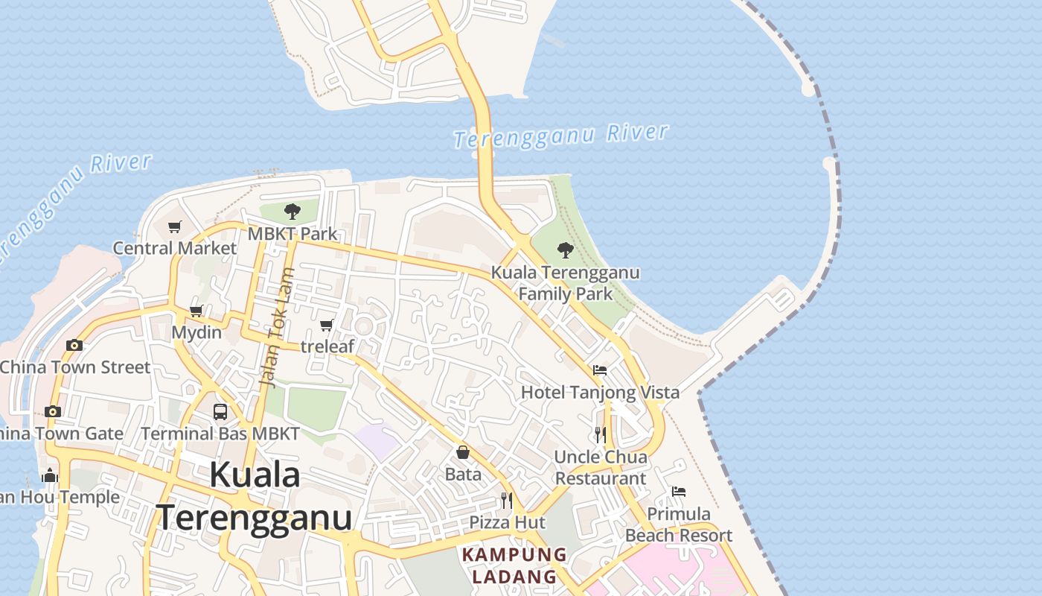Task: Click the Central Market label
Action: (174, 248)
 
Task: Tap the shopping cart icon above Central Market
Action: (174, 226)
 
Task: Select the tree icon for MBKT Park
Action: (293, 212)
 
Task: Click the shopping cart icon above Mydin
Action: (196, 311)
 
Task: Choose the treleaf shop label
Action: (327, 346)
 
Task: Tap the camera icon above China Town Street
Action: (74, 345)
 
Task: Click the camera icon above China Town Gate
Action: (52, 411)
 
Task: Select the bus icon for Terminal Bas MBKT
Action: (220, 411)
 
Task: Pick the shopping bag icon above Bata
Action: (463, 452)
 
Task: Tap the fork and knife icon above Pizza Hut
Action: (507, 500)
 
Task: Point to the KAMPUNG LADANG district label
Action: (514, 565)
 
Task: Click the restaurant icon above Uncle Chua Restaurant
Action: (600, 434)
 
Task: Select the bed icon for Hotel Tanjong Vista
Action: (600, 370)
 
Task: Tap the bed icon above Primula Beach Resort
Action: (679, 492)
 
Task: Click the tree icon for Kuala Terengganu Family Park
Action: (566, 250)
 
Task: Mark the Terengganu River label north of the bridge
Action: (561, 136)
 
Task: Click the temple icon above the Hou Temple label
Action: (51, 475)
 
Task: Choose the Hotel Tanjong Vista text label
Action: (600, 393)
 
